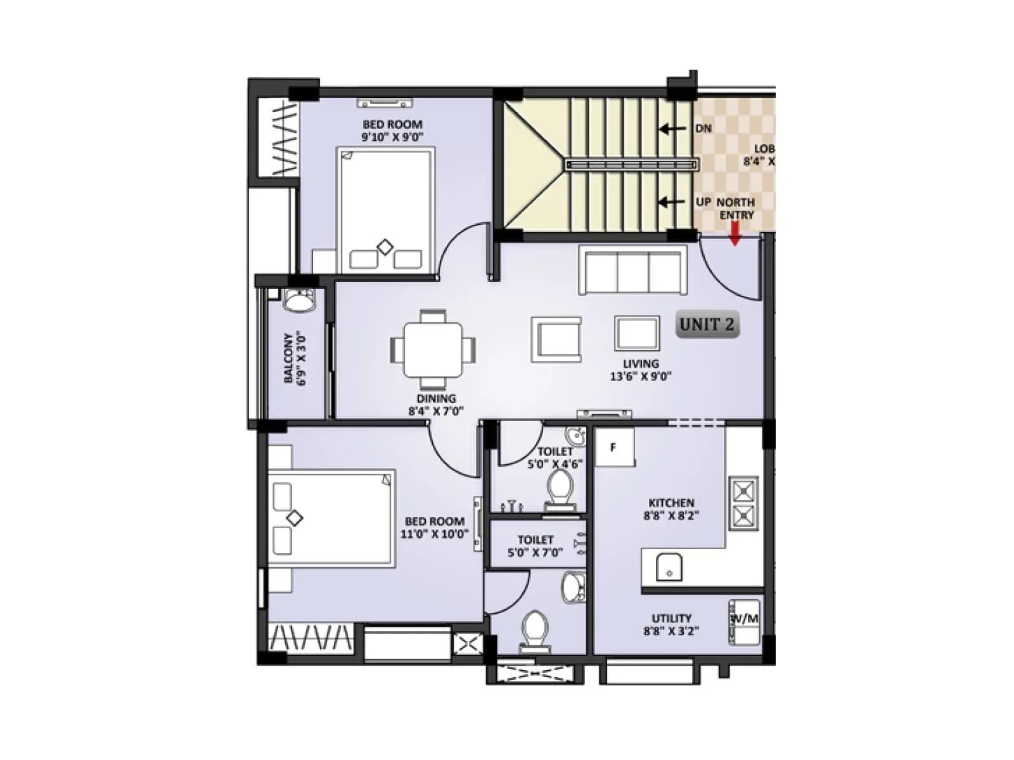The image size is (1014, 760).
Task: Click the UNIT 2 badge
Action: coord(707,325)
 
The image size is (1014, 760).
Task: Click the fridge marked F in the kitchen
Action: coord(613,448)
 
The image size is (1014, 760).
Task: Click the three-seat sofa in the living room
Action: coord(632,271)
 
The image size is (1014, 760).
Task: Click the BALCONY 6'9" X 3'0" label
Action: coord(295,359)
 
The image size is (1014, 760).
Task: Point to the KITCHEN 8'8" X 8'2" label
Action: coord(671,510)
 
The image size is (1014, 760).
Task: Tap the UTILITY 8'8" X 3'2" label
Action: coord(671,624)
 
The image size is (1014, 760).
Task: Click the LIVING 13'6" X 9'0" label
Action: coord(640,370)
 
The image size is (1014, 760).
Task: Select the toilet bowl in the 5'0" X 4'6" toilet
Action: coord(559,491)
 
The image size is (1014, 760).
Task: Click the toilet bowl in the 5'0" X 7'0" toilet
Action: coord(535,630)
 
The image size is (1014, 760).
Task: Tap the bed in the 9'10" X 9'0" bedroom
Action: coord(385,211)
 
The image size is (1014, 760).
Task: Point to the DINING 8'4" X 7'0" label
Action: coord(436,405)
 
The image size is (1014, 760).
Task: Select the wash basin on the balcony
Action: coord(299,300)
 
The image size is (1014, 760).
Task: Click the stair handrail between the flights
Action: coord(632,165)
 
